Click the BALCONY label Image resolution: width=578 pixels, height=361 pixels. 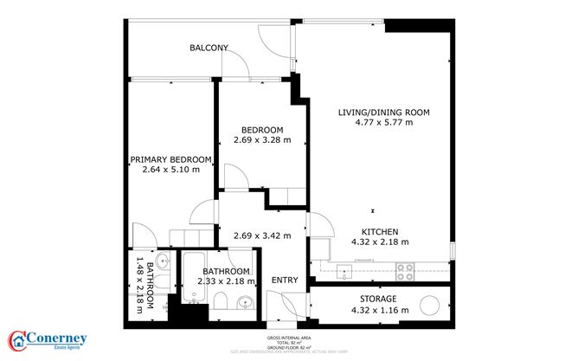coord(209,48)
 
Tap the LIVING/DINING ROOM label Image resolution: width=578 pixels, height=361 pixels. coord(383,113)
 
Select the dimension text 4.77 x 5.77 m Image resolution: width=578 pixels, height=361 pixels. coord(383,123)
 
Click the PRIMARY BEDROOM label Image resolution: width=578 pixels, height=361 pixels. coord(170,159)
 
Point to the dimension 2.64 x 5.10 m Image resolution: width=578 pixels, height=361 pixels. coord(170,170)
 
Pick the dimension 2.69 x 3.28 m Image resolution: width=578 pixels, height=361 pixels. coord(261,140)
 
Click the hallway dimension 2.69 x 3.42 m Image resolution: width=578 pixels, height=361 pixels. coord(262,235)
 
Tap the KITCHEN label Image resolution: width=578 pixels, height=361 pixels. coord(379,231)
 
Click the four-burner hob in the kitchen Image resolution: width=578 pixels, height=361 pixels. coord(406,271)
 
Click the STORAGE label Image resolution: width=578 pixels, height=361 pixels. coord(379,299)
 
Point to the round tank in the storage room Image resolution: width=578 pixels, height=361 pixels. coord(430,306)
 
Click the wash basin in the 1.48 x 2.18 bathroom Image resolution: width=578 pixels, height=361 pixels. coord(164,261)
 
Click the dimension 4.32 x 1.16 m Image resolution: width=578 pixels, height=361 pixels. coord(379,309)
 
